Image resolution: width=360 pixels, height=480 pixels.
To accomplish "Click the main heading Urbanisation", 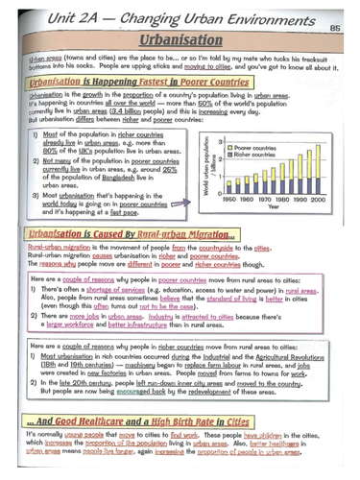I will click(180, 42).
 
